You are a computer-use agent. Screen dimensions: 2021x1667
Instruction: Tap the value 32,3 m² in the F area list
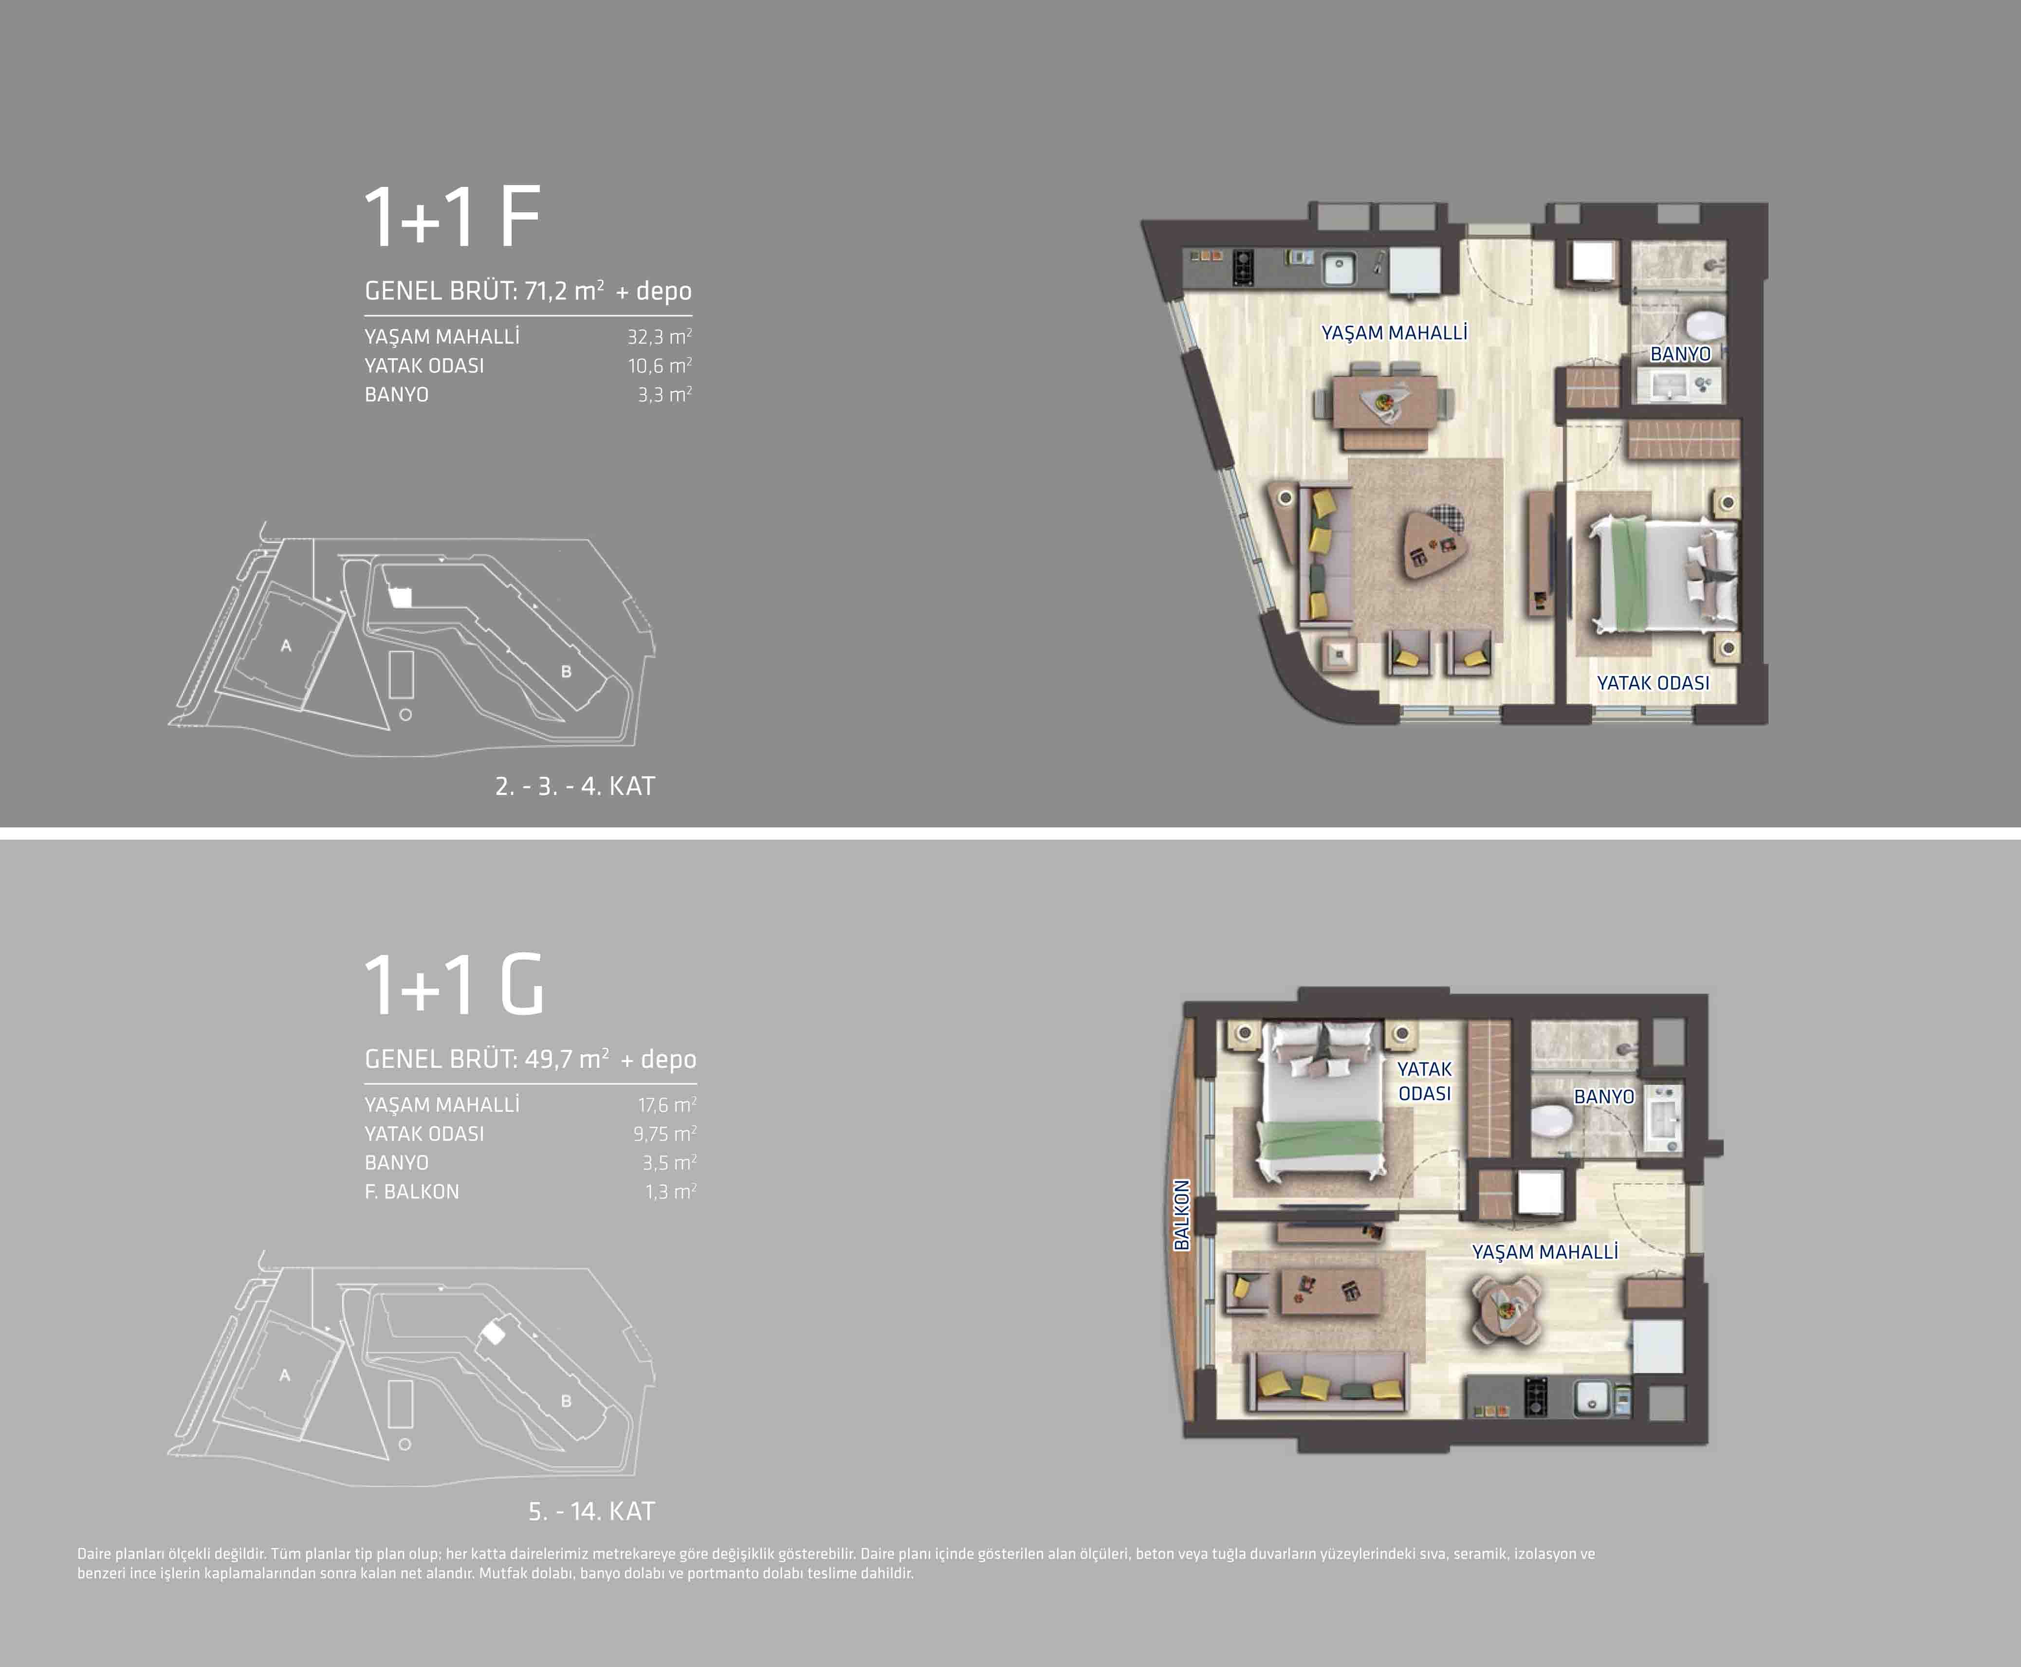point(660,336)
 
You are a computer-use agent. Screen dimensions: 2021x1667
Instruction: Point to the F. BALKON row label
point(412,1191)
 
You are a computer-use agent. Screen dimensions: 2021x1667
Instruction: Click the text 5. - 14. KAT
point(591,1511)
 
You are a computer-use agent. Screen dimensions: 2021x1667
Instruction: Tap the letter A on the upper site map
point(285,646)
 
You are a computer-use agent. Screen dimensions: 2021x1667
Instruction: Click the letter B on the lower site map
point(567,1401)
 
